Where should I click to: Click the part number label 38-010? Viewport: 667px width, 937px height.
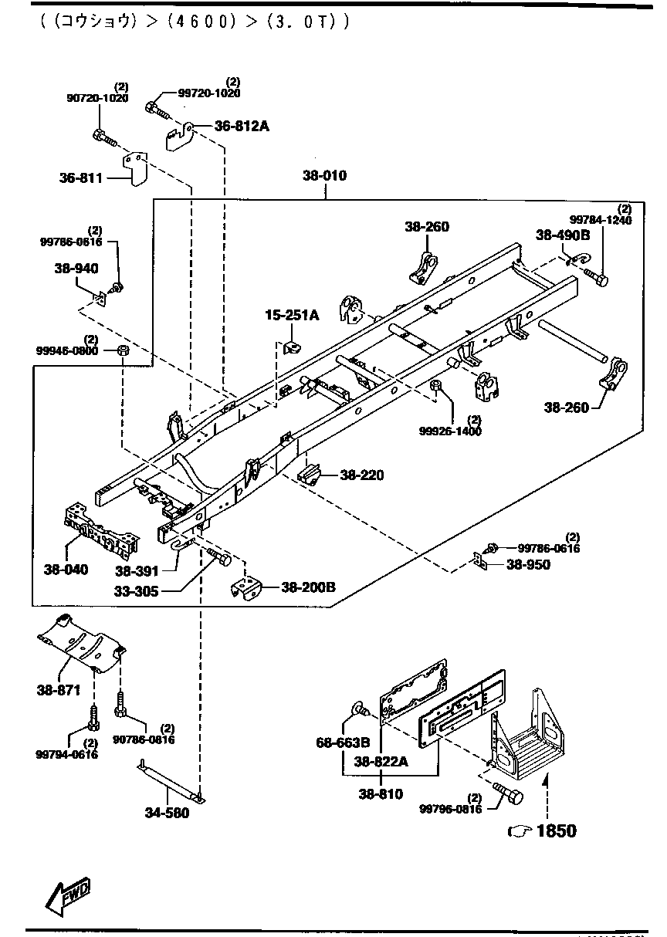pyautogui.click(x=324, y=176)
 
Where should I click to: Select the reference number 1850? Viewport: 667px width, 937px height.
pyautogui.click(x=556, y=831)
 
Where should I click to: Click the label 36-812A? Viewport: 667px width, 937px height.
pyautogui.click(x=242, y=126)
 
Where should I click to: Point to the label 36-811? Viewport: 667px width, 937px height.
pyautogui.click(x=81, y=178)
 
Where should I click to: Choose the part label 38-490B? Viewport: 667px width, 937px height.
pyautogui.click(x=563, y=235)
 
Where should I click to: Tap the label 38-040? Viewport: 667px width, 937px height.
pyautogui.click(x=66, y=570)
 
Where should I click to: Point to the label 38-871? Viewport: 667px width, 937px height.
pyautogui.click(x=59, y=690)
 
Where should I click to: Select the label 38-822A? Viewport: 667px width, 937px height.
pyautogui.click(x=381, y=761)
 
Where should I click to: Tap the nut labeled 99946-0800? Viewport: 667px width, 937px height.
pyautogui.click(x=123, y=352)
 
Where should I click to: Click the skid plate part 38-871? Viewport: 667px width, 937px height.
pyautogui.click(x=81, y=638)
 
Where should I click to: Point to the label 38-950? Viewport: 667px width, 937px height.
pyautogui.click(x=528, y=565)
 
